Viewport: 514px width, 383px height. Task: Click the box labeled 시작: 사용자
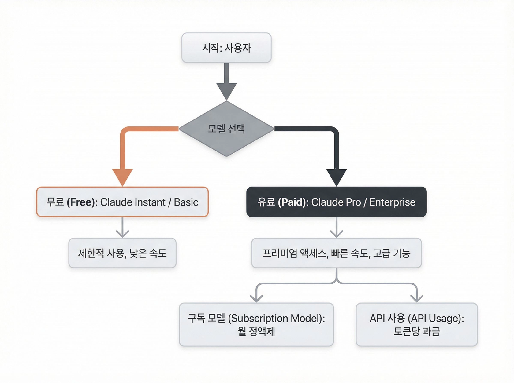(226, 48)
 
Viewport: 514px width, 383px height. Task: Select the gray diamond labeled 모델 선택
(226, 129)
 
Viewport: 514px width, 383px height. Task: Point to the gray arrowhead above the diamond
(226, 90)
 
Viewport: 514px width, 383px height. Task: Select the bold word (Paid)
(292, 202)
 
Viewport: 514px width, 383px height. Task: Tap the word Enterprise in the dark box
(392, 202)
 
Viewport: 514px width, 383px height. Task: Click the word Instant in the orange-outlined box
(150, 202)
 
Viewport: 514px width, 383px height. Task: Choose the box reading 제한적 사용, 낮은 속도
(122, 253)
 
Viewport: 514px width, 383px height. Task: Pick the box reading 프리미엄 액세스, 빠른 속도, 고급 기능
(336, 253)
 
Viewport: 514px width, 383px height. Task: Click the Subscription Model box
(256, 324)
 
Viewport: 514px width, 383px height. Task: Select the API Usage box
(416, 324)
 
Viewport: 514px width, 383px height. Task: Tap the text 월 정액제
(256, 331)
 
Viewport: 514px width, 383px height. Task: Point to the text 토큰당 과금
(416, 331)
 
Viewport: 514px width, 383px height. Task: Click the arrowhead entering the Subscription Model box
(256, 298)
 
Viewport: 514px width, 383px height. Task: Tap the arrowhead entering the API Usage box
(416, 298)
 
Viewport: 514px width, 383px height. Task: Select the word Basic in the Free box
(186, 202)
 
